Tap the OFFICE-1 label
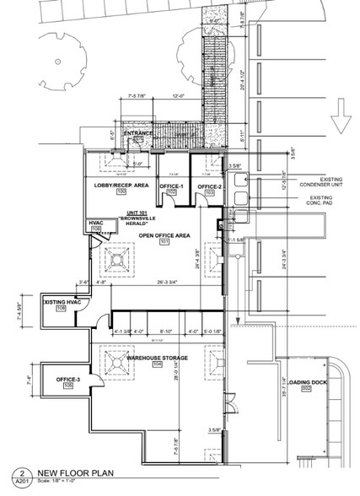coord(172,185)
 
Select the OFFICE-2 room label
coord(209,185)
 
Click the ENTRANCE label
coord(138,133)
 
